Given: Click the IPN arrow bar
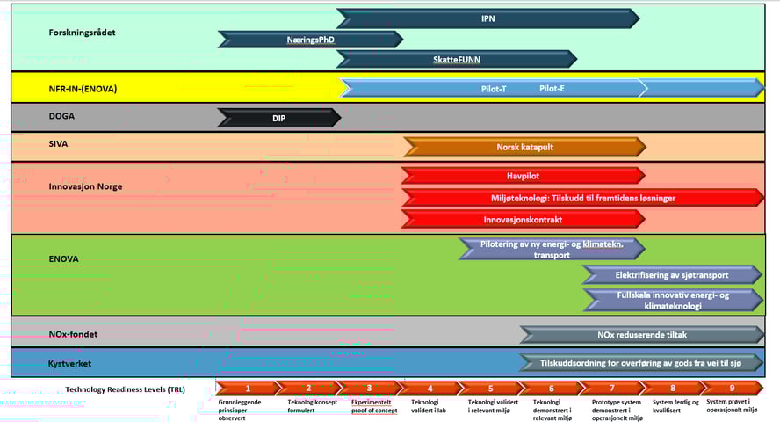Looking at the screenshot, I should tap(487, 18).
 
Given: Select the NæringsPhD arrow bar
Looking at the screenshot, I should tap(310, 40).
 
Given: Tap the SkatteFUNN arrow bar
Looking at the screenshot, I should tap(456, 60).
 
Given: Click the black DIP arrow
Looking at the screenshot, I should tap(278, 118).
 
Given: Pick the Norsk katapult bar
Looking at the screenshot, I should tap(524, 146).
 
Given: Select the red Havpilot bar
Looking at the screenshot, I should tap(523, 176).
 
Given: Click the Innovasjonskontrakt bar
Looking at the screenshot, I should tap(523, 219).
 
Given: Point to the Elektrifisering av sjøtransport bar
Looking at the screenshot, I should tap(672, 275).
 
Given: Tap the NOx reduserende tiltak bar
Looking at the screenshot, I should tap(641, 335).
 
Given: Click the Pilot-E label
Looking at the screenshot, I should tap(552, 88).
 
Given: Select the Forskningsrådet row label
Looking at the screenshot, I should tap(83, 33).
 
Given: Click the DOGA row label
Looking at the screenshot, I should tap(61, 115).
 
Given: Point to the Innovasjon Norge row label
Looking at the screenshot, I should tap(86, 186).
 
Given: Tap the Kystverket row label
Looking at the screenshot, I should tap(69, 362).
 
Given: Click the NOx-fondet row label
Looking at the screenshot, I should tap(73, 334).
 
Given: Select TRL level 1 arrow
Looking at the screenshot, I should tap(247, 388).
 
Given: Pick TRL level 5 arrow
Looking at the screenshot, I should tap(490, 388).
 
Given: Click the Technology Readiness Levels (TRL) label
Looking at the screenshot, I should tap(126, 389).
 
